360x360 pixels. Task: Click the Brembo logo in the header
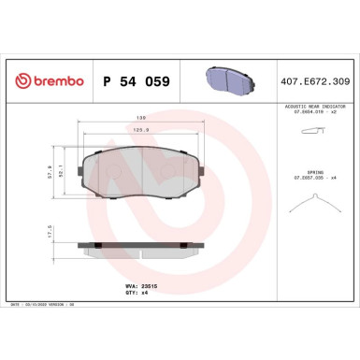pos(47,82)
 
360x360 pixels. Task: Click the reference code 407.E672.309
pos(314,82)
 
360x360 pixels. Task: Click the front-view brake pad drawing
pos(142,172)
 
